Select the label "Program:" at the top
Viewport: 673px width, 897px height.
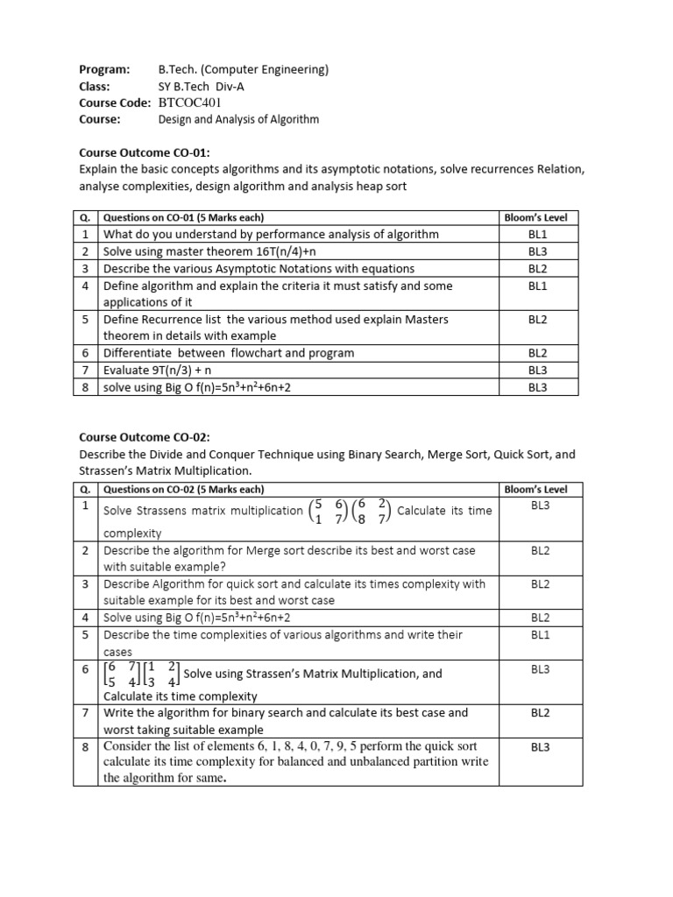[x=104, y=69]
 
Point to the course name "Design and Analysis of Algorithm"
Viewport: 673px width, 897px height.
[x=238, y=119]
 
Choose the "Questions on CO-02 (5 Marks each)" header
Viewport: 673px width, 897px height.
[x=183, y=490]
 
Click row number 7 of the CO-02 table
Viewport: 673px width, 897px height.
[x=86, y=713]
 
